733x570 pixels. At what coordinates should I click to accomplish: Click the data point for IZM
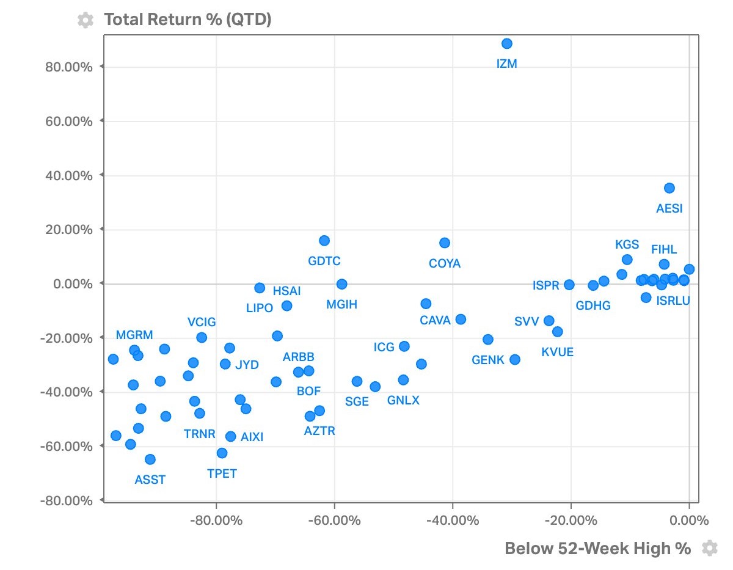coord(506,43)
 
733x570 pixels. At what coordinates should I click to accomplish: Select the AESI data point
coord(669,188)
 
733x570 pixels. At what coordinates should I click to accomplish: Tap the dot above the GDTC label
coord(324,241)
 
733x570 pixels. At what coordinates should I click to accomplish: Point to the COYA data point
coord(444,243)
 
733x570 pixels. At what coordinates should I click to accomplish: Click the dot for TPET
coord(222,453)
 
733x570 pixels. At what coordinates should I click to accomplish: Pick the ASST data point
coord(150,459)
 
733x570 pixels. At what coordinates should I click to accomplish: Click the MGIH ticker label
coord(341,304)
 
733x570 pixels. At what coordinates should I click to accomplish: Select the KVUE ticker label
coord(557,353)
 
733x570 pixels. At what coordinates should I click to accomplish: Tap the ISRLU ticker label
coord(673,301)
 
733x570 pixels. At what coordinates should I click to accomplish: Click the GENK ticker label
coord(488,360)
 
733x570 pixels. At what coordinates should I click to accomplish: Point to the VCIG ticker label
coord(202,322)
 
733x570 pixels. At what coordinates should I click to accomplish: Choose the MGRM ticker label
coord(134,335)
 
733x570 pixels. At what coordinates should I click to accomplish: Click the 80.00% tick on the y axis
coord(69,67)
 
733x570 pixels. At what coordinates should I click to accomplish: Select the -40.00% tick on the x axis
coord(453,521)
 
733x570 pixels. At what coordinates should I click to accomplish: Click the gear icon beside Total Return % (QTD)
coord(86,20)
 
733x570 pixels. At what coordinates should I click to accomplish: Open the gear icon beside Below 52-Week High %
coord(709,548)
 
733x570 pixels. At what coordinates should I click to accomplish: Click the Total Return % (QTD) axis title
coord(188,20)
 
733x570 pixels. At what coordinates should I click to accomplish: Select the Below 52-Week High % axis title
coord(597,549)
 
